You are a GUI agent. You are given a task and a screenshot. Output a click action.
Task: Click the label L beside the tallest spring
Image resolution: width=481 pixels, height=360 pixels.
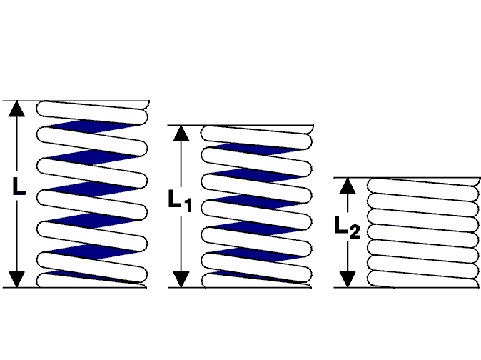[19, 186]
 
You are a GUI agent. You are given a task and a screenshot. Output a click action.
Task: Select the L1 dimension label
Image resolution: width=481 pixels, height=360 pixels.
[181, 201]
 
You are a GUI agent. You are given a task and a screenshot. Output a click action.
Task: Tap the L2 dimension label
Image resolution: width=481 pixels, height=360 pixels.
[347, 227]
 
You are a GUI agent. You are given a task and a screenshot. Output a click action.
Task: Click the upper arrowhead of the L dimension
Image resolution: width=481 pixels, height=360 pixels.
[16, 109]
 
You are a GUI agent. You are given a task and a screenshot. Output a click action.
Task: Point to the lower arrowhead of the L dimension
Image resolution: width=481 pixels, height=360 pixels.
[16, 279]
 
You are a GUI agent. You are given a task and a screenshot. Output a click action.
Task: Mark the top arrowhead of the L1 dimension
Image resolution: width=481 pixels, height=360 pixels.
[181, 133]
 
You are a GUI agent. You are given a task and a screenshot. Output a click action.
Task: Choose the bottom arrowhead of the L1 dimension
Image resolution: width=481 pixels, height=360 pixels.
[181, 279]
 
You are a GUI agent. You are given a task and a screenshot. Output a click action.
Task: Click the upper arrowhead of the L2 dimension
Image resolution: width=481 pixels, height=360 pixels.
[348, 186]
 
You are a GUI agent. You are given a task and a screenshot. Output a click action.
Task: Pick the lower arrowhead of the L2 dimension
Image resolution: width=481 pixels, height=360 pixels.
[348, 279]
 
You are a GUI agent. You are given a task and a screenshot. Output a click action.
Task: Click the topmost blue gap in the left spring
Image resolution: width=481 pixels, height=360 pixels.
[92, 126]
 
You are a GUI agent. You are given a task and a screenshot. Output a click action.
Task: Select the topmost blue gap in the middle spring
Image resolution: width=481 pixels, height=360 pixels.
[257, 149]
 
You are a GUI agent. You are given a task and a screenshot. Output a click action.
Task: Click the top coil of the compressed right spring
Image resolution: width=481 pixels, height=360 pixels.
[422, 186]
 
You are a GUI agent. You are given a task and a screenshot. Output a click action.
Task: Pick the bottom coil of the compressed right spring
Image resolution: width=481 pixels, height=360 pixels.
[422, 279]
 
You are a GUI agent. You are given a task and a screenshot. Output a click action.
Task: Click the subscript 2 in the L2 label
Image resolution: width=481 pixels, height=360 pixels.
[355, 232]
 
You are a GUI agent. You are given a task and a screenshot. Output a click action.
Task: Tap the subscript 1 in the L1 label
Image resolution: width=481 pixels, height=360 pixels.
[188, 205]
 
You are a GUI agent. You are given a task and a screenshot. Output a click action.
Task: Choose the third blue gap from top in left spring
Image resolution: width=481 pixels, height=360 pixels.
[92, 189]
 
